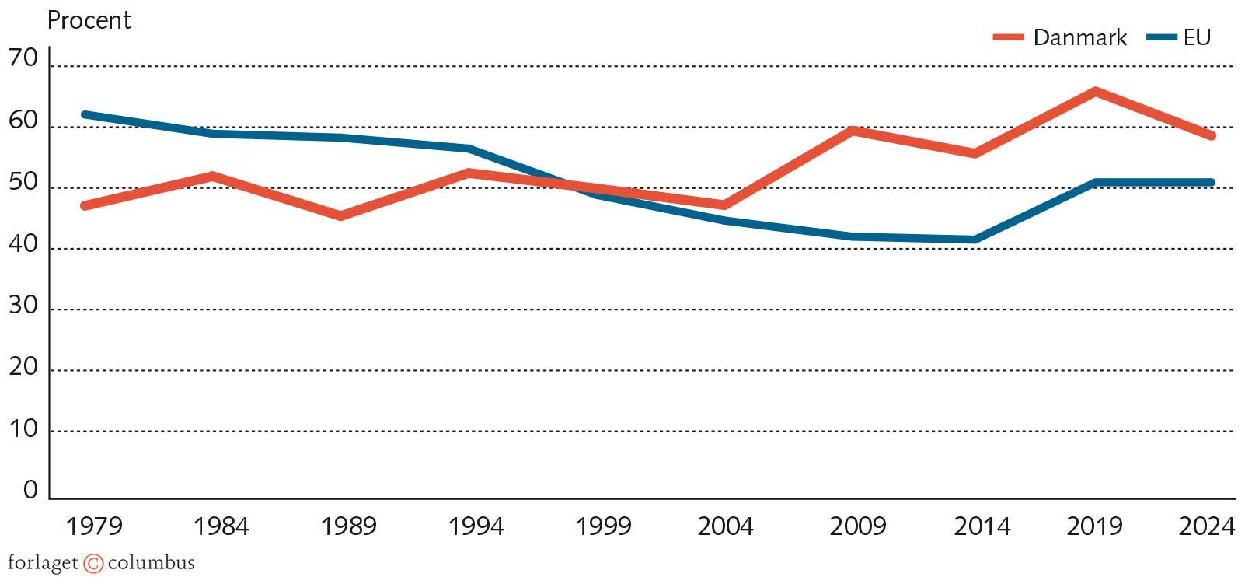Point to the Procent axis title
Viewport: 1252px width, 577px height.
(x=89, y=20)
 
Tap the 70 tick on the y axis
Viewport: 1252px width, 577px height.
(x=23, y=58)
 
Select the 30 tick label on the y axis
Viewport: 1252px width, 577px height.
(x=23, y=306)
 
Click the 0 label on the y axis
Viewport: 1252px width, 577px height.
(x=30, y=490)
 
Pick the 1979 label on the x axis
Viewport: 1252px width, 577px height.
(x=94, y=526)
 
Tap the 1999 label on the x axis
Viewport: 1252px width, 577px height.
(x=603, y=526)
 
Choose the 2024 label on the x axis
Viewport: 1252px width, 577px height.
(x=1206, y=526)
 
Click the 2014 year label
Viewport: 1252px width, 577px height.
(x=982, y=526)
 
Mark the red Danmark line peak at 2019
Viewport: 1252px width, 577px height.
(x=1095, y=92)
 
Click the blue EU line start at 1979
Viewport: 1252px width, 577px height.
(x=85, y=115)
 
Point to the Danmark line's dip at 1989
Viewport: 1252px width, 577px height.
(x=340, y=215)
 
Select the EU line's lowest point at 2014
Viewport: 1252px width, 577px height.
(x=975, y=240)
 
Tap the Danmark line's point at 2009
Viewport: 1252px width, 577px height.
(x=853, y=131)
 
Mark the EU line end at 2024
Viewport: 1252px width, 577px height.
(x=1211, y=183)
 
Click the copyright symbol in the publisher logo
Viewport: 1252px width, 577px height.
(x=93, y=563)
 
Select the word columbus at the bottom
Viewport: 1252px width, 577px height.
(x=151, y=562)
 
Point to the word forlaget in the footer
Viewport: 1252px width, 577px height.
(x=44, y=563)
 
